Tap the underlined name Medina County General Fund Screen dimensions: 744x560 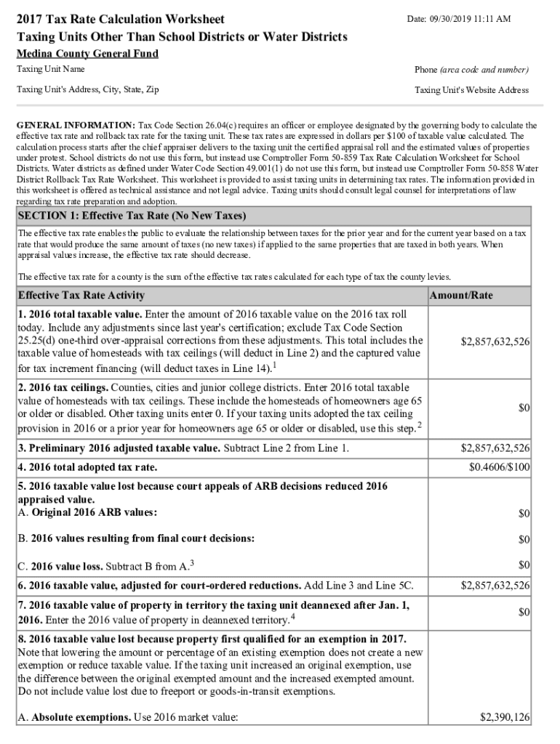click(x=87, y=54)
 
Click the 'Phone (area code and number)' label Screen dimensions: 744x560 click(x=471, y=70)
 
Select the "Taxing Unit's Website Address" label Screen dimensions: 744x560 click(x=471, y=90)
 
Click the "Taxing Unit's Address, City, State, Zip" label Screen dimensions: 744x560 click(x=88, y=90)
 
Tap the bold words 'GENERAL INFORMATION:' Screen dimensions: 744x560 click(x=76, y=125)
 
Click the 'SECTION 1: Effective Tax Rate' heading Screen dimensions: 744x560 click(x=132, y=217)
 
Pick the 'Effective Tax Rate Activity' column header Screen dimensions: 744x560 click(x=81, y=296)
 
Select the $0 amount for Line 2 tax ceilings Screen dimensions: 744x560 click(x=523, y=408)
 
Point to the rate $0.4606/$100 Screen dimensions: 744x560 click(x=500, y=466)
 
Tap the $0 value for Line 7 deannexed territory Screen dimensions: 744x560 click(x=523, y=612)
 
